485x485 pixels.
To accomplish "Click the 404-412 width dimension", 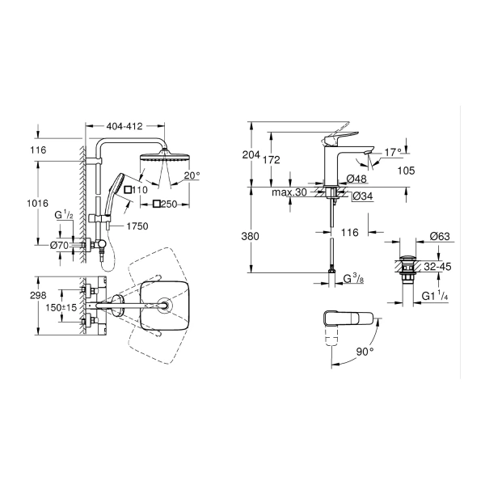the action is click(124, 126).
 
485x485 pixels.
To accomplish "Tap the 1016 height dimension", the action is click(38, 203).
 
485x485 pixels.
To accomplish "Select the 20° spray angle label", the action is click(192, 175).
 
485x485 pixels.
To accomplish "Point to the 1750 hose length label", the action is click(137, 226).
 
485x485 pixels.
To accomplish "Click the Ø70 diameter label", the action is click(59, 246).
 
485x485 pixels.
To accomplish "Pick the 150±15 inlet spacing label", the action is click(61, 308).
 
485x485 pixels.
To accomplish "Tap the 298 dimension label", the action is click(38, 295).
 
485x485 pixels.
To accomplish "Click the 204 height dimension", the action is click(251, 154).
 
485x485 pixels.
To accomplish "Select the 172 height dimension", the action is click(272, 159).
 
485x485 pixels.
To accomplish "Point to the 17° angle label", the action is click(393, 152).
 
